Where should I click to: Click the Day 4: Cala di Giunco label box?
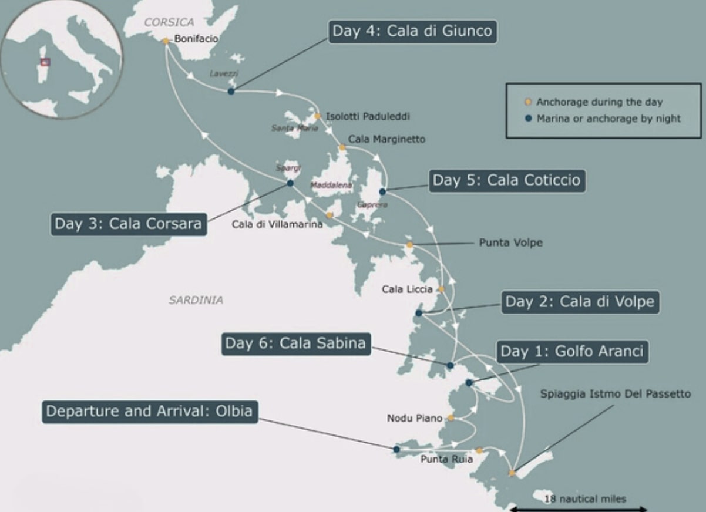[412, 31]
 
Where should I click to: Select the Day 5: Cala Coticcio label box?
[506, 181]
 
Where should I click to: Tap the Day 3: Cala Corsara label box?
[128, 224]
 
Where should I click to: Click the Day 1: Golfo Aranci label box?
[571, 352]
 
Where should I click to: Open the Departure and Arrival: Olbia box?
[150, 412]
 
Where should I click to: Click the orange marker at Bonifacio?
[166, 41]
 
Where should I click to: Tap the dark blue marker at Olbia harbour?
[396, 449]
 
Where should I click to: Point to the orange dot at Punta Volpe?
[409, 244]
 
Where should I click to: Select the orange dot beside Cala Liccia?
[441, 289]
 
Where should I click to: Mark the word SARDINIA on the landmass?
[196, 300]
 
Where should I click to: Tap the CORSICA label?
[169, 22]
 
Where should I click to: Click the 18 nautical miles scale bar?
[578, 508]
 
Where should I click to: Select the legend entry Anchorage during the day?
[599, 102]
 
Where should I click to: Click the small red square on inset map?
[45, 62]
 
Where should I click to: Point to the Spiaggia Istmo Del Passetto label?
[615, 394]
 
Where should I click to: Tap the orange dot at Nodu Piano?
[451, 418]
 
